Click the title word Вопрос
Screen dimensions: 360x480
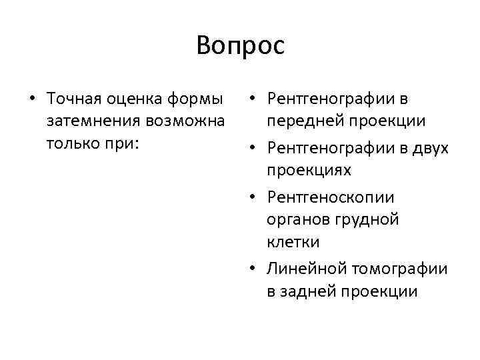click(240, 46)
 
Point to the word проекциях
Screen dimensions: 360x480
click(309, 171)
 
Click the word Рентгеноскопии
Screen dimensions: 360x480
click(339, 197)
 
